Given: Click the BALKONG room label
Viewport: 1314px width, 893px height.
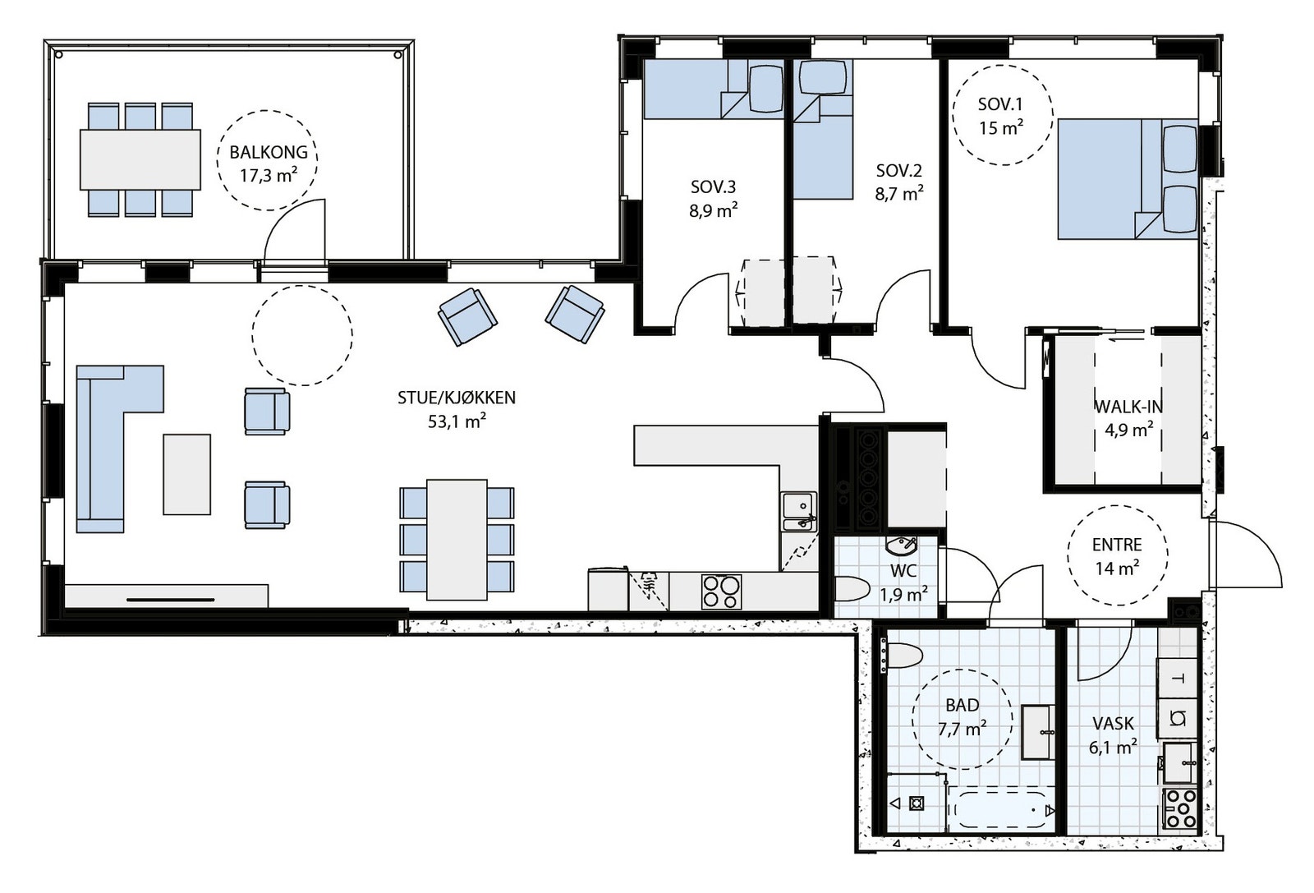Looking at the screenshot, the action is coord(268,152).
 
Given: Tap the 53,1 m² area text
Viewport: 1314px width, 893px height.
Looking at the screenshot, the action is coord(457,421).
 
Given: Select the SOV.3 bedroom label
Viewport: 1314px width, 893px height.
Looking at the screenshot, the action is coord(713,187).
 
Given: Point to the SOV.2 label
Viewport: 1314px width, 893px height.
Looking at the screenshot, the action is coord(898,171).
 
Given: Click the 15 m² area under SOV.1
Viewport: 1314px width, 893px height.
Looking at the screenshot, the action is coord(1001,127).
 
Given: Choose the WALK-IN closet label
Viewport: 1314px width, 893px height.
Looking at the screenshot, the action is coord(1128,406).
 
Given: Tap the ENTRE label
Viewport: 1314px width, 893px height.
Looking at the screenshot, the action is coord(1117,545).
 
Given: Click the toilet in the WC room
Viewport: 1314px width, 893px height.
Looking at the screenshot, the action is coord(852,588).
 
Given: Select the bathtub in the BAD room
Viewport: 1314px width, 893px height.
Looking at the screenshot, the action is coord(1001,810).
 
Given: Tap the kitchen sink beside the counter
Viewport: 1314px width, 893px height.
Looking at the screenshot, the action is coord(798,511).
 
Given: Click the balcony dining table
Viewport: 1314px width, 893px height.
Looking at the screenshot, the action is coord(140,159).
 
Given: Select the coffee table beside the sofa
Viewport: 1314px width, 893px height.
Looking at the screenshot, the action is coord(186,474).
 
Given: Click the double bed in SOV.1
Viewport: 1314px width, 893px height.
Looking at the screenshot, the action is coord(1128,179).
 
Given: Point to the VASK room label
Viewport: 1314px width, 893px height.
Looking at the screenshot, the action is coord(1113,724).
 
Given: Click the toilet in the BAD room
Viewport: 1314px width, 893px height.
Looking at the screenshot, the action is coord(901,656).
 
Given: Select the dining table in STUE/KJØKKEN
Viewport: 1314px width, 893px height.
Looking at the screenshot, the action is coord(457,540).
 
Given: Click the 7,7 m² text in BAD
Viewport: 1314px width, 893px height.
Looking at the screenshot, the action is coord(962,729).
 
